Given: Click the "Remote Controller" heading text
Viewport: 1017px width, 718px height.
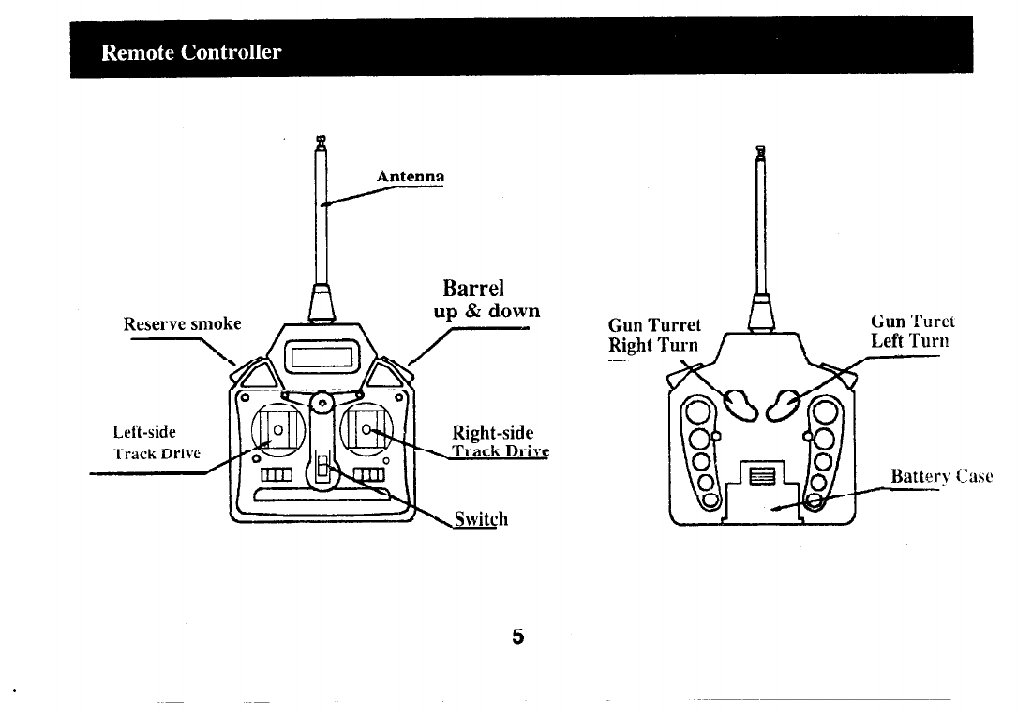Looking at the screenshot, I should (191, 52).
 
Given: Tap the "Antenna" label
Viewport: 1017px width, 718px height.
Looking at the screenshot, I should (409, 175).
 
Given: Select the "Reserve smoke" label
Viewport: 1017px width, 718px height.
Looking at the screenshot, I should (183, 325).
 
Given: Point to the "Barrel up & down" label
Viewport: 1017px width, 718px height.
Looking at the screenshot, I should (486, 298).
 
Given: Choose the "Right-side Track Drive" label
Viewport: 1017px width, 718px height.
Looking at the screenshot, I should (498, 441).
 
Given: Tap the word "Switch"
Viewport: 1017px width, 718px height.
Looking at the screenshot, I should (481, 518).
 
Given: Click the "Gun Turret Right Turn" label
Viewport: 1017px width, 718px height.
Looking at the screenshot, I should (654, 335).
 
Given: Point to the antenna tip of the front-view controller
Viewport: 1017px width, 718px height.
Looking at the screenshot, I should (321, 142).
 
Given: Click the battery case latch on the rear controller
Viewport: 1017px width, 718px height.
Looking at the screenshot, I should (760, 476).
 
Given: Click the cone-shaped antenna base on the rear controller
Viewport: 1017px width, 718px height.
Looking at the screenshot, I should (760, 309).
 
